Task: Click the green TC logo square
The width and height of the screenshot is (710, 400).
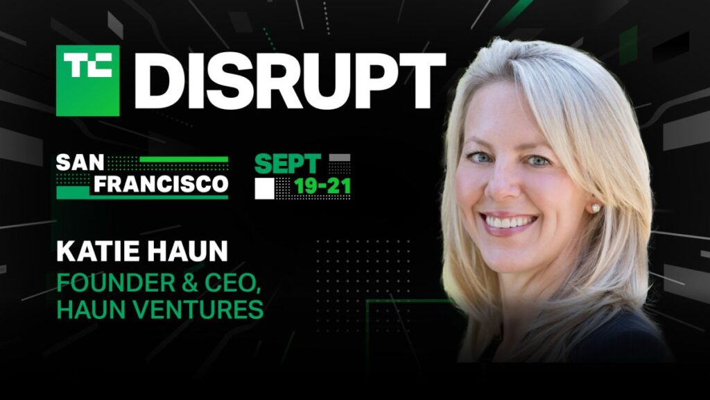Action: (x=87, y=81)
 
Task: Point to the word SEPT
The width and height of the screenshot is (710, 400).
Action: (x=287, y=164)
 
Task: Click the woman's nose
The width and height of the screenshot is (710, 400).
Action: (x=508, y=189)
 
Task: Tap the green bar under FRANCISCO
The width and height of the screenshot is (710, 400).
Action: (x=142, y=197)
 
